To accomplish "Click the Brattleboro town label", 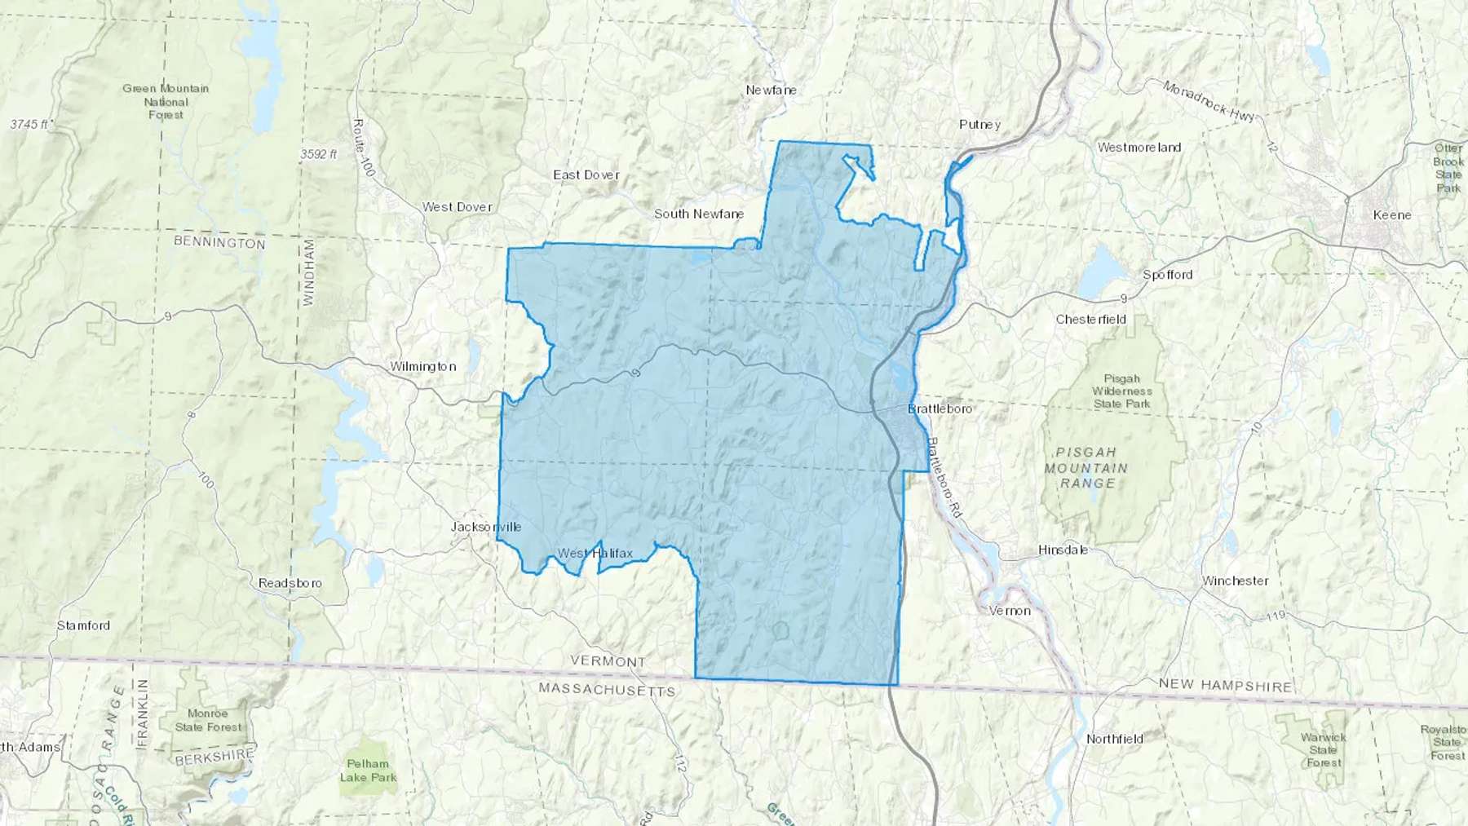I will (940, 409).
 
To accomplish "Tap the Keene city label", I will (1391, 215).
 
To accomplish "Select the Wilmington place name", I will (422, 367).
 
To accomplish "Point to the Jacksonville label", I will (486, 527).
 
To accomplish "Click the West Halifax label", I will (595, 554).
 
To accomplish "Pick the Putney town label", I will (979, 125).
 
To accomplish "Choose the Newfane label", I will (771, 91).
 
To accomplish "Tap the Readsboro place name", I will (290, 584).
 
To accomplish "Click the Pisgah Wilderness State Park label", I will (1121, 391).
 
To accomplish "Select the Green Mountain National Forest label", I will (166, 102).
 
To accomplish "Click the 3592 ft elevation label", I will (318, 154).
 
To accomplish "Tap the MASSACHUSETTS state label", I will (607, 691).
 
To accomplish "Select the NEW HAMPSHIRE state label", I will (1225, 686).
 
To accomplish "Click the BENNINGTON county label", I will (219, 243).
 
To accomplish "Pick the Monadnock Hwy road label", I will (1209, 102).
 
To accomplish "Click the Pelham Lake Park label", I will (368, 771).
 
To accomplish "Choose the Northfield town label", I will (1114, 740).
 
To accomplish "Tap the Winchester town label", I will (1235, 581).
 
